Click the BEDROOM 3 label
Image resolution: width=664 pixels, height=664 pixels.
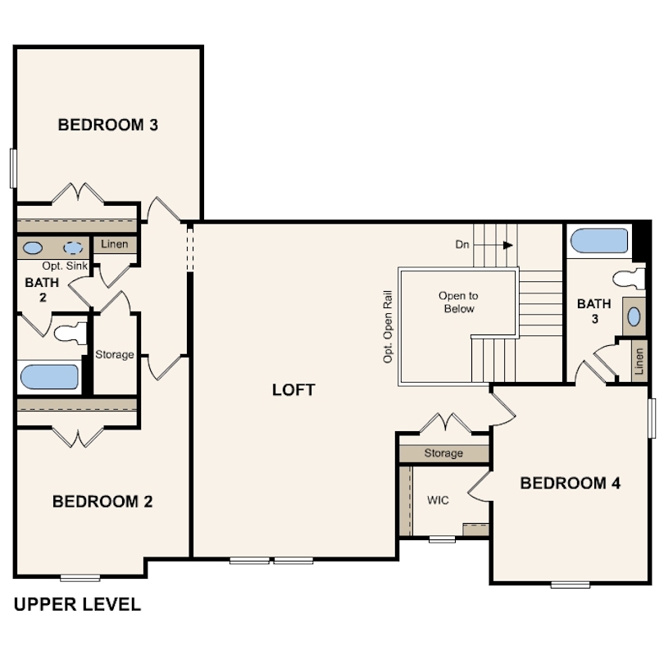(x=108, y=125)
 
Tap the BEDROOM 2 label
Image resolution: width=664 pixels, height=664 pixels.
(x=102, y=502)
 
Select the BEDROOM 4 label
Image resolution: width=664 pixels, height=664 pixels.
(x=571, y=483)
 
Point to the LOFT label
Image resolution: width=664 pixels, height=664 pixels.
(x=293, y=390)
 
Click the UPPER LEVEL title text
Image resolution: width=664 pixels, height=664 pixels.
(x=77, y=604)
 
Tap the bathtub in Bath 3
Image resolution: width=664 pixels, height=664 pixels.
(x=599, y=241)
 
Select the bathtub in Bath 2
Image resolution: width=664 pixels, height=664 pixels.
(x=49, y=377)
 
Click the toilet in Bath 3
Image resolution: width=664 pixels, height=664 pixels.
(x=629, y=280)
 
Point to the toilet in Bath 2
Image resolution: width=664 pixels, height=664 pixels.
(x=70, y=333)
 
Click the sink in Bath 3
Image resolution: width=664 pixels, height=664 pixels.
(x=634, y=316)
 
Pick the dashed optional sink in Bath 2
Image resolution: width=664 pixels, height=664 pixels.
(x=73, y=248)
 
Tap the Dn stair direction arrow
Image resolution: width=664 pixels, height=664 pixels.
(x=493, y=245)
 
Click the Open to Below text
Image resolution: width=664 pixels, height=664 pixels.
(x=458, y=302)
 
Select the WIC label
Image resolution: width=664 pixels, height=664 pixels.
(x=438, y=501)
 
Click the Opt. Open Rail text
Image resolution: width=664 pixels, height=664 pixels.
(x=388, y=326)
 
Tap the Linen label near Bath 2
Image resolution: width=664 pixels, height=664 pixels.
(x=114, y=244)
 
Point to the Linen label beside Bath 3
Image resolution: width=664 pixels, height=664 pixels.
(x=639, y=362)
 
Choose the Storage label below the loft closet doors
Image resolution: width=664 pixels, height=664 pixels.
(x=443, y=453)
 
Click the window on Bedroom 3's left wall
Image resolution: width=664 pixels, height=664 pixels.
(x=13, y=168)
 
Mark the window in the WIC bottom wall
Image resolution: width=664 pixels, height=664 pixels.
(x=442, y=539)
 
